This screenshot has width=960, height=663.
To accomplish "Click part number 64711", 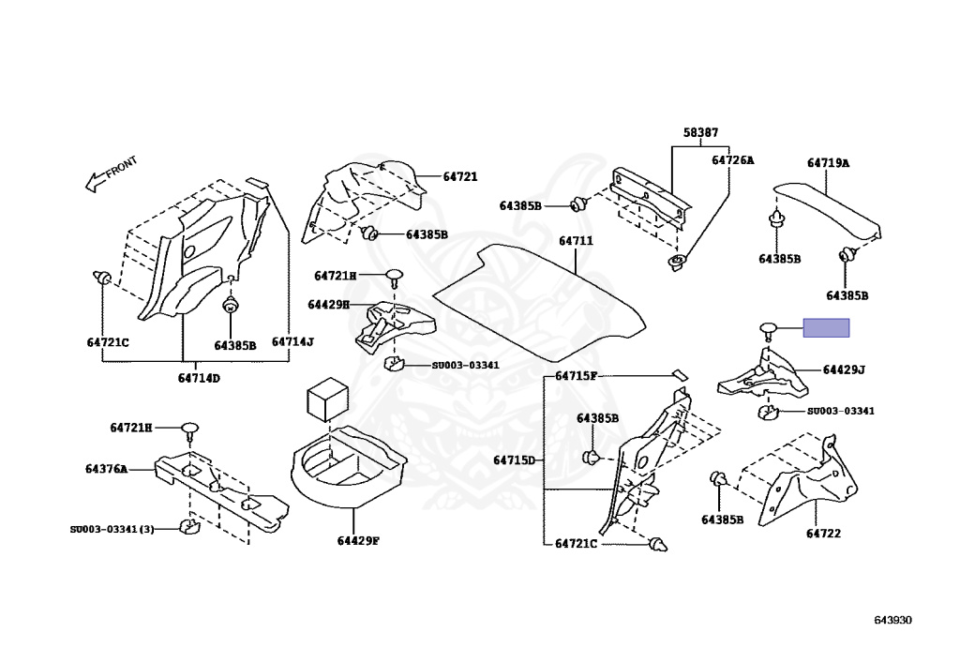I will pyautogui.click(x=577, y=242).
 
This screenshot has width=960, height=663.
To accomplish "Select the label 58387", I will pyautogui.click(x=700, y=134).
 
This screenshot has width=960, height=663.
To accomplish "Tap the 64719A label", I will pyautogui.click(x=828, y=163).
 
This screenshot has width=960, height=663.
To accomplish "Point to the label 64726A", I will pyautogui.click(x=732, y=160).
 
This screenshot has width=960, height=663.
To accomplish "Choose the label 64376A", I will pyautogui.click(x=106, y=468).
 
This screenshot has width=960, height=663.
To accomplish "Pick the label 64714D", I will pyautogui.click(x=199, y=378).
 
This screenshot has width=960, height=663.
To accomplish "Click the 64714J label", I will pyautogui.click(x=292, y=342).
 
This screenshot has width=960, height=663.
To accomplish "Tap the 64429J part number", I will pyautogui.click(x=844, y=370).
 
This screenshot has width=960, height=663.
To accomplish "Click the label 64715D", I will pyautogui.click(x=514, y=460).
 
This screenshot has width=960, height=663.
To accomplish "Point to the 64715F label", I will pyautogui.click(x=576, y=376).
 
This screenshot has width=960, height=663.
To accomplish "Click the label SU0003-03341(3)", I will pyautogui.click(x=112, y=528).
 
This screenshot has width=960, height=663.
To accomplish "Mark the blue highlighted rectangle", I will pyautogui.click(x=826, y=327).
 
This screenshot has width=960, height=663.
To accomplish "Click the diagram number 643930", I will pyautogui.click(x=892, y=620).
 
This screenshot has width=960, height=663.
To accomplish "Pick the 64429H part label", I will pyautogui.click(x=328, y=304).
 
